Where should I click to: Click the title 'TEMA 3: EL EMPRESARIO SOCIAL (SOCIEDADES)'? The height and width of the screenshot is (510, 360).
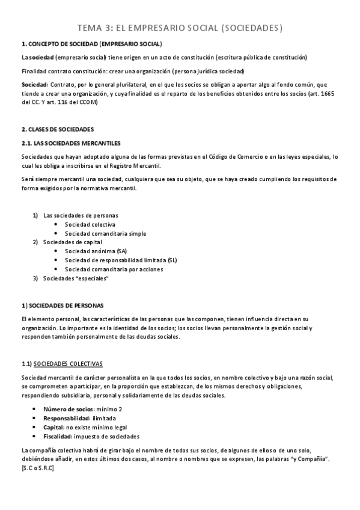180,28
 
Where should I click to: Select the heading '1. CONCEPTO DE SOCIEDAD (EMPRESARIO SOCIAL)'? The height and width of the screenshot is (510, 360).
91,44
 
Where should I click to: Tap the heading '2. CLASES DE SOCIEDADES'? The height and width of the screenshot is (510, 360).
58,129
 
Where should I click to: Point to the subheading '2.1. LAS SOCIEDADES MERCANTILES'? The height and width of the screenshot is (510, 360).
70,143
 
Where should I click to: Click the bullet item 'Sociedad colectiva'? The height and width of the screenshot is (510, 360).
90,224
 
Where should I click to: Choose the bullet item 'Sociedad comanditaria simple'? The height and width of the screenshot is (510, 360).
105,233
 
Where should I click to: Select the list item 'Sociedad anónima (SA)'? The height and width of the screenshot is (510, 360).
96,251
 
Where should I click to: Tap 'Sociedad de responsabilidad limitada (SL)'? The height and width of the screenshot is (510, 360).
121,260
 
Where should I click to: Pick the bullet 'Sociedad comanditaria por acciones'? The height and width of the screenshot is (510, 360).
114,269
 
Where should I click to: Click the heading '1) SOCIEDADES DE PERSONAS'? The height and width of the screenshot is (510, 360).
62,305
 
